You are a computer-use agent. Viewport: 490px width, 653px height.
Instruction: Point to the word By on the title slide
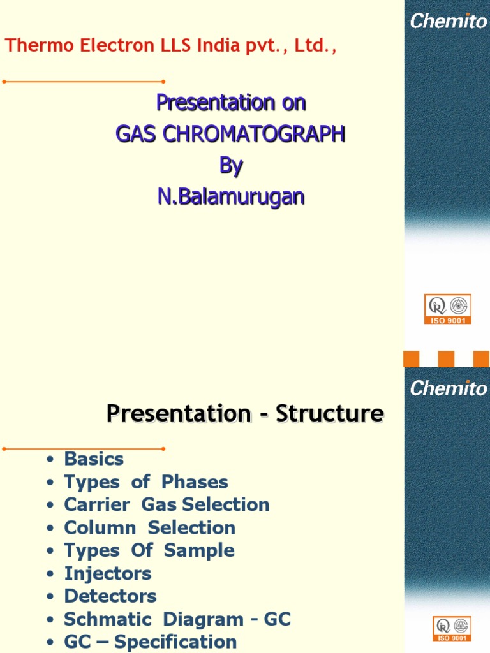(x=231, y=166)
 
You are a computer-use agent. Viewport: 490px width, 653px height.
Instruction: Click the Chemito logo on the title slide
(x=449, y=21)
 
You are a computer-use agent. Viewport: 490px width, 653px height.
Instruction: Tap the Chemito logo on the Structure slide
(x=449, y=387)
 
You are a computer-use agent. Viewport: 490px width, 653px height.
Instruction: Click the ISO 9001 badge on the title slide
(x=448, y=309)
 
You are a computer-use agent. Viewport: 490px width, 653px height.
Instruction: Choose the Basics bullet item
(x=94, y=459)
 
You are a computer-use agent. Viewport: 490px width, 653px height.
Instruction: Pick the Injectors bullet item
(x=108, y=573)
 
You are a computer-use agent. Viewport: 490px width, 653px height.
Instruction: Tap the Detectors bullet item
(x=110, y=596)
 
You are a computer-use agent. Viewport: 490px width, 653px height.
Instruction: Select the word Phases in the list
(x=195, y=481)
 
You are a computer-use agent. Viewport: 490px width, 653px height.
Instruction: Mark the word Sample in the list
(x=199, y=550)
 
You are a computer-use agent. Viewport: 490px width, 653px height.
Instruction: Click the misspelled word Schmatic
(x=109, y=619)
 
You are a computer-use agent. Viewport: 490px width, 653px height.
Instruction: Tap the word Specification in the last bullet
(x=175, y=642)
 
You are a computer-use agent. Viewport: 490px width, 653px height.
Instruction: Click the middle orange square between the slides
(x=446, y=359)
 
